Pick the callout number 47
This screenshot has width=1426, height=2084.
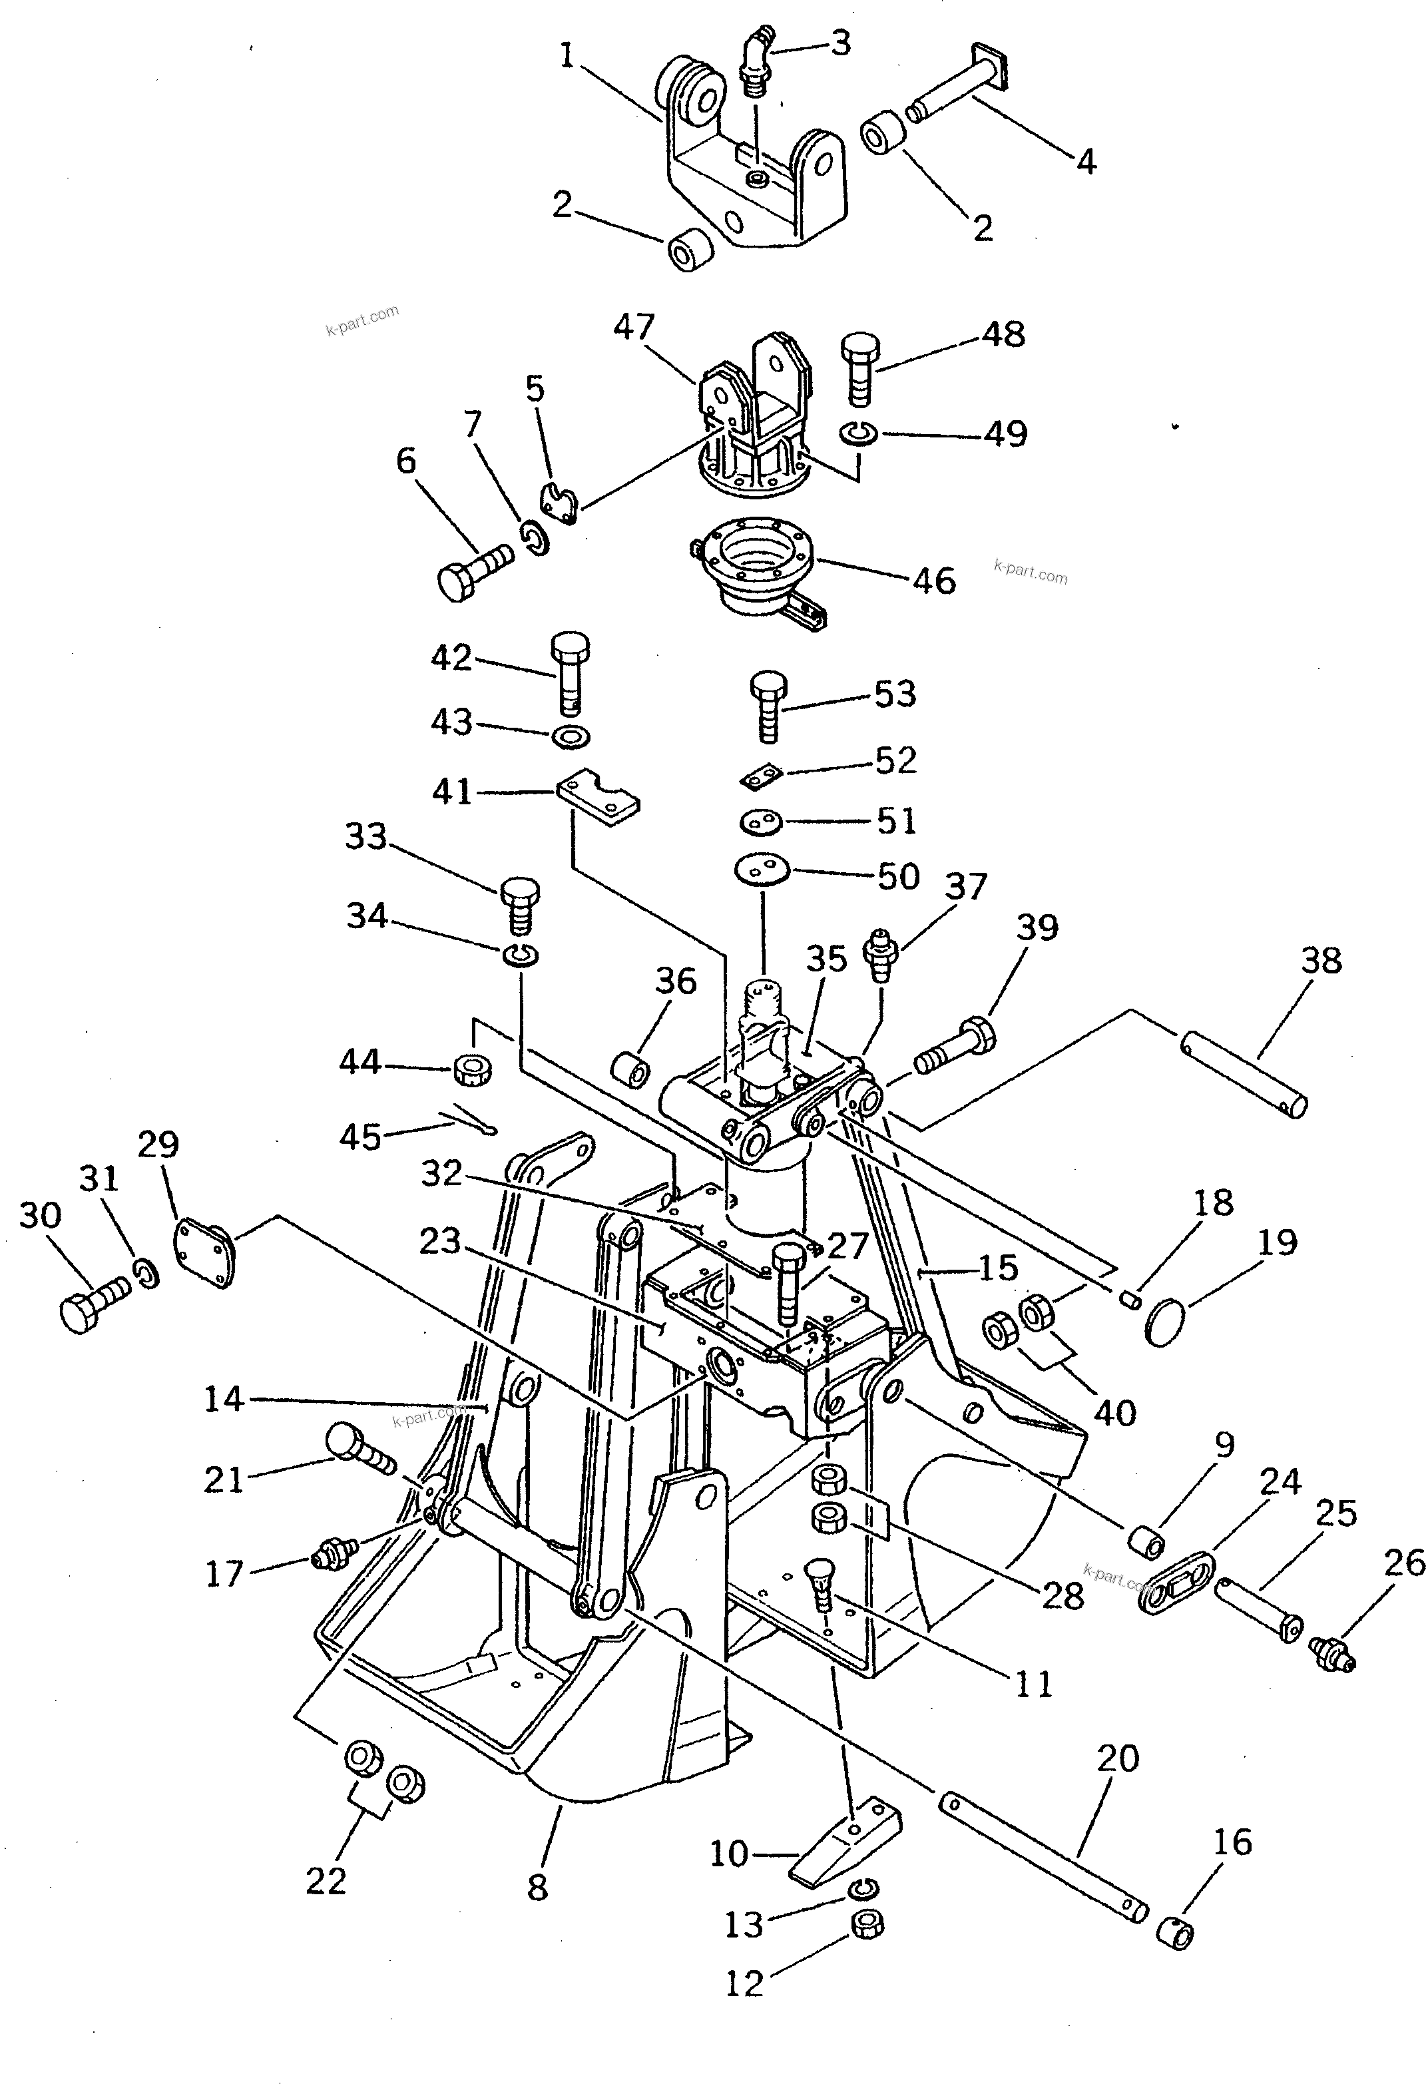634,328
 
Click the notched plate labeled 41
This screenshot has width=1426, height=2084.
596,797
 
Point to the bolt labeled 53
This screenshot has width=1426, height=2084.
768,708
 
